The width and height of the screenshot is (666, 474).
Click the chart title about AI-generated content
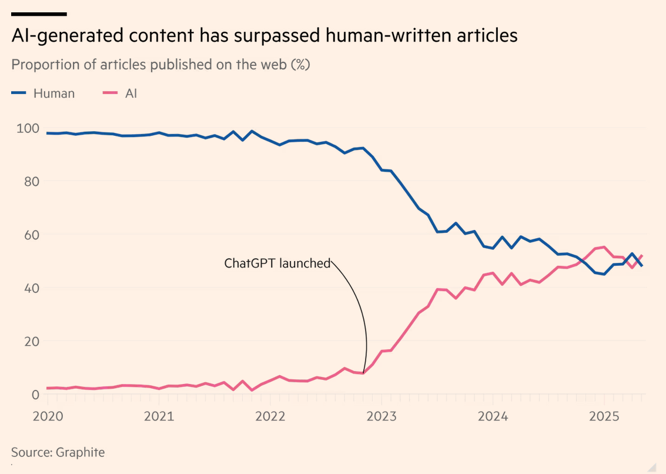coord(265,35)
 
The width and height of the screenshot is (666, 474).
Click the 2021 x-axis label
coord(159,416)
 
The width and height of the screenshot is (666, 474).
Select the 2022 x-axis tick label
coord(270,416)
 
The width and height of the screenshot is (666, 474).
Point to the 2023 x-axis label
coord(381,416)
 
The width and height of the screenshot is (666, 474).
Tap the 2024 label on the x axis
coord(493,416)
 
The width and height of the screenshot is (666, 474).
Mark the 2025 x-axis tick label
coord(604,416)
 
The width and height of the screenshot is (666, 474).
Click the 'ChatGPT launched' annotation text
coord(277,263)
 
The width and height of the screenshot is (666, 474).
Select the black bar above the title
coord(39,14)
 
